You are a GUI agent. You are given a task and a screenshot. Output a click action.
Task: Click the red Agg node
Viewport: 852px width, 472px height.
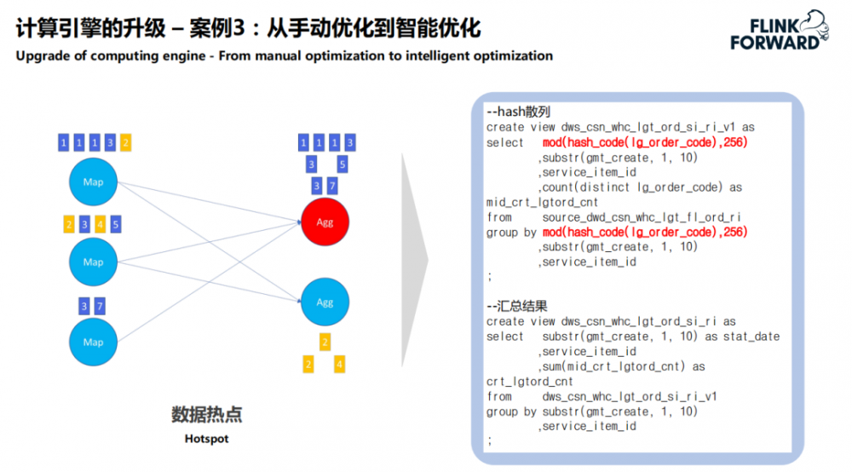click(325, 222)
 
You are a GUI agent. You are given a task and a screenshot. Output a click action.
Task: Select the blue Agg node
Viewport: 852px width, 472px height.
click(325, 302)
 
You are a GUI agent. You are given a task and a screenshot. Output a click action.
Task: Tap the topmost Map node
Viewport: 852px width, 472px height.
click(93, 181)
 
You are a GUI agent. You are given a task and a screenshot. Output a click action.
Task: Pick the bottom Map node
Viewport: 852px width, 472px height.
click(93, 342)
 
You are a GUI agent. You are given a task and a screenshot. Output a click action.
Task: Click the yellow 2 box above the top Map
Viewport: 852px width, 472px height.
click(125, 142)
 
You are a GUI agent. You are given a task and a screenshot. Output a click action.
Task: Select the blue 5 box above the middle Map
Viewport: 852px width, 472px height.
click(116, 225)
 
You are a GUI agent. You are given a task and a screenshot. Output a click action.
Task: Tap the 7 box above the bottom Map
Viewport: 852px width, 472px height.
click(100, 306)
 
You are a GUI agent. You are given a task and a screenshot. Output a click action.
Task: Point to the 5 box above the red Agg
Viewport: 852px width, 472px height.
click(342, 164)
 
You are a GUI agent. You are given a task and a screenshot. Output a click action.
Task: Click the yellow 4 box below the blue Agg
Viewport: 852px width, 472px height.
click(340, 365)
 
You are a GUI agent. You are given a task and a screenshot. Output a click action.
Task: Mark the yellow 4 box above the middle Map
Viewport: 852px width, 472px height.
click(100, 225)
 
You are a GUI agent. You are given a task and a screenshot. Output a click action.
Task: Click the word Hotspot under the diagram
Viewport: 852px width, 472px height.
click(206, 440)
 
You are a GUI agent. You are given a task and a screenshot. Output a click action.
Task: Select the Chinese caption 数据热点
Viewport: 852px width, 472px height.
click(206, 415)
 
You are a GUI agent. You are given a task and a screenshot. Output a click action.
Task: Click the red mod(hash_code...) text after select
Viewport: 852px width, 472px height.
click(645, 142)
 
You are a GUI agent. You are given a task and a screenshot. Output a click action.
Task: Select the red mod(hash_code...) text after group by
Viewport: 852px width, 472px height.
click(645, 232)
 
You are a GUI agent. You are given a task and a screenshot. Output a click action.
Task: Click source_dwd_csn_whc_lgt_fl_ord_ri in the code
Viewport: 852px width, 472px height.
click(642, 216)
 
